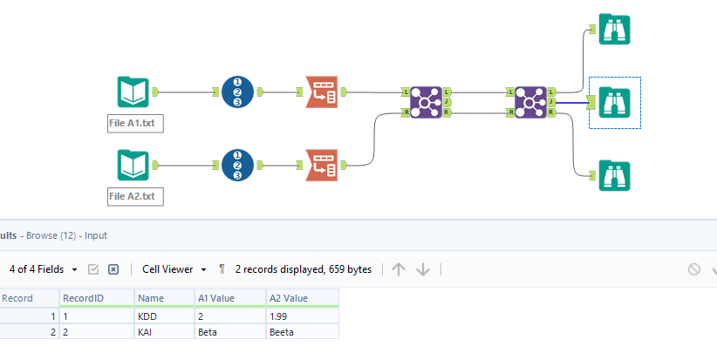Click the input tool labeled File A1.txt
133,92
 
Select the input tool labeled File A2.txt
133,165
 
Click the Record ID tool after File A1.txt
237,92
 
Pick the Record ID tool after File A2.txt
237,165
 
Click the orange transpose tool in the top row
322,92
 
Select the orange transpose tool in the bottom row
322,165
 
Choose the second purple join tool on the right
529,102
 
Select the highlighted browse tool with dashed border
615,102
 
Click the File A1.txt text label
133,124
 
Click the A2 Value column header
289,298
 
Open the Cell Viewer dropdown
174,269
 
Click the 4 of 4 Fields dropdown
44,269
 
